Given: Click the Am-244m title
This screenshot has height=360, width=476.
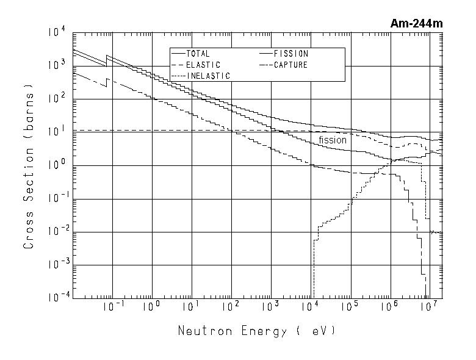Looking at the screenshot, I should [417, 24].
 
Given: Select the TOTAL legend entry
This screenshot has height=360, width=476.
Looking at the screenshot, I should [198, 54].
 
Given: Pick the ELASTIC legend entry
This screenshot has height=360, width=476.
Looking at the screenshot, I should [203, 65].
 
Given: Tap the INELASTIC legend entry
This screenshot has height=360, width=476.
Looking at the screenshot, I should [207, 76].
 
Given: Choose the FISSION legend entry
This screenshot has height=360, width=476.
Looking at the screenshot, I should [291, 54].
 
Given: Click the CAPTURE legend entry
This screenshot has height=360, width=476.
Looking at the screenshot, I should [291, 65].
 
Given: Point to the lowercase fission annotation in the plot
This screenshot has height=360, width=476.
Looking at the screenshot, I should [333, 140].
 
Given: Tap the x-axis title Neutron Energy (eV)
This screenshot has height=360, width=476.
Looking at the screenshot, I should [256, 331].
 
